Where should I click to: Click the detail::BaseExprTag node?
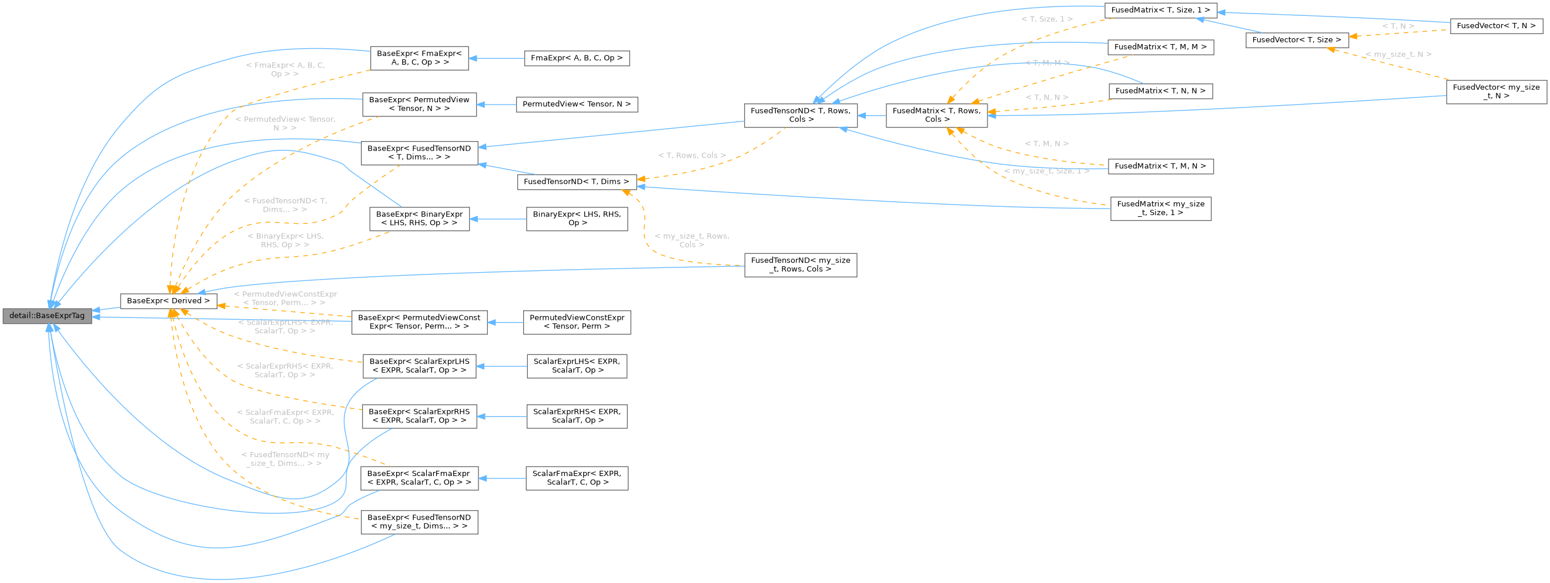pyautogui.click(x=47, y=316)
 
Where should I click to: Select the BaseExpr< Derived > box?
pyautogui.click(x=168, y=301)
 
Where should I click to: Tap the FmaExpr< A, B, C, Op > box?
pyautogui.click(x=577, y=58)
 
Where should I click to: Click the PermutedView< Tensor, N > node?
pyautogui.click(x=577, y=104)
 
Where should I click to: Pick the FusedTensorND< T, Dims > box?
pyautogui.click(x=576, y=182)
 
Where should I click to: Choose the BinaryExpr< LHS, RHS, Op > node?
pyautogui.click(x=577, y=219)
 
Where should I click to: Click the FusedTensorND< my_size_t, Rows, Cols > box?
pyautogui.click(x=799, y=264)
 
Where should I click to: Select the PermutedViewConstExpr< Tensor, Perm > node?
pyautogui.click(x=577, y=322)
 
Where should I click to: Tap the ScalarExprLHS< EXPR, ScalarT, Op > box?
pyautogui.click(x=577, y=366)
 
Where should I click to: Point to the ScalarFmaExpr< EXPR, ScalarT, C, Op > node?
pyautogui.click(x=577, y=478)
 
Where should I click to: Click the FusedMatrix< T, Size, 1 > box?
pyautogui.click(x=1160, y=10)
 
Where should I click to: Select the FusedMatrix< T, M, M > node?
pyautogui.click(x=1160, y=47)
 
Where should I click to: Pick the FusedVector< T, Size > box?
pyautogui.click(x=1296, y=40)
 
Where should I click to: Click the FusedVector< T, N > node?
pyautogui.click(x=1496, y=26)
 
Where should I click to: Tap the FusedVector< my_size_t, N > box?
pyautogui.click(x=1496, y=92)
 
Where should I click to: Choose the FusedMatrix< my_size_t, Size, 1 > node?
pyautogui.click(x=1160, y=208)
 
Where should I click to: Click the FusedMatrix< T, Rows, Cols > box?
pyautogui.click(x=936, y=115)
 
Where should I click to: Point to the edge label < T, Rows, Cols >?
pyautogui.click(x=691, y=155)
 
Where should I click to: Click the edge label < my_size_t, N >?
pyautogui.click(x=1398, y=54)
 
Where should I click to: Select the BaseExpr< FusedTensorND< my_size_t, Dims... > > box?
pyautogui.click(x=419, y=522)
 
